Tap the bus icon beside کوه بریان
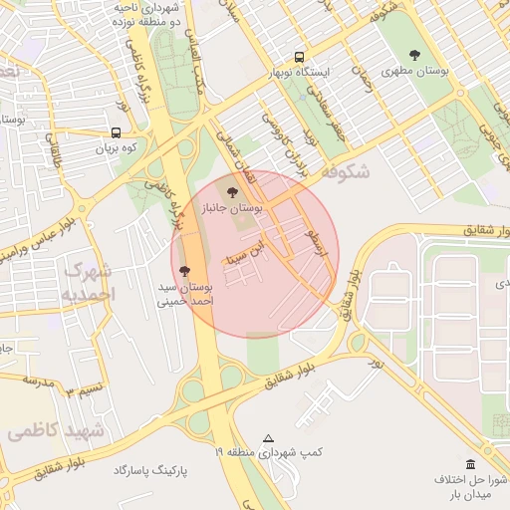click(x=117, y=132)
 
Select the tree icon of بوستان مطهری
click(x=415, y=56)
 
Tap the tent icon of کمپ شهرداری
click(x=267, y=438)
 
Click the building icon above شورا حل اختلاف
click(x=470, y=464)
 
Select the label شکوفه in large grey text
click(x=345, y=172)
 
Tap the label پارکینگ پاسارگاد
click(x=148, y=470)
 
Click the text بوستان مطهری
click(x=415, y=72)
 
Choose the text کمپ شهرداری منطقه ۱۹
click(x=269, y=453)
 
